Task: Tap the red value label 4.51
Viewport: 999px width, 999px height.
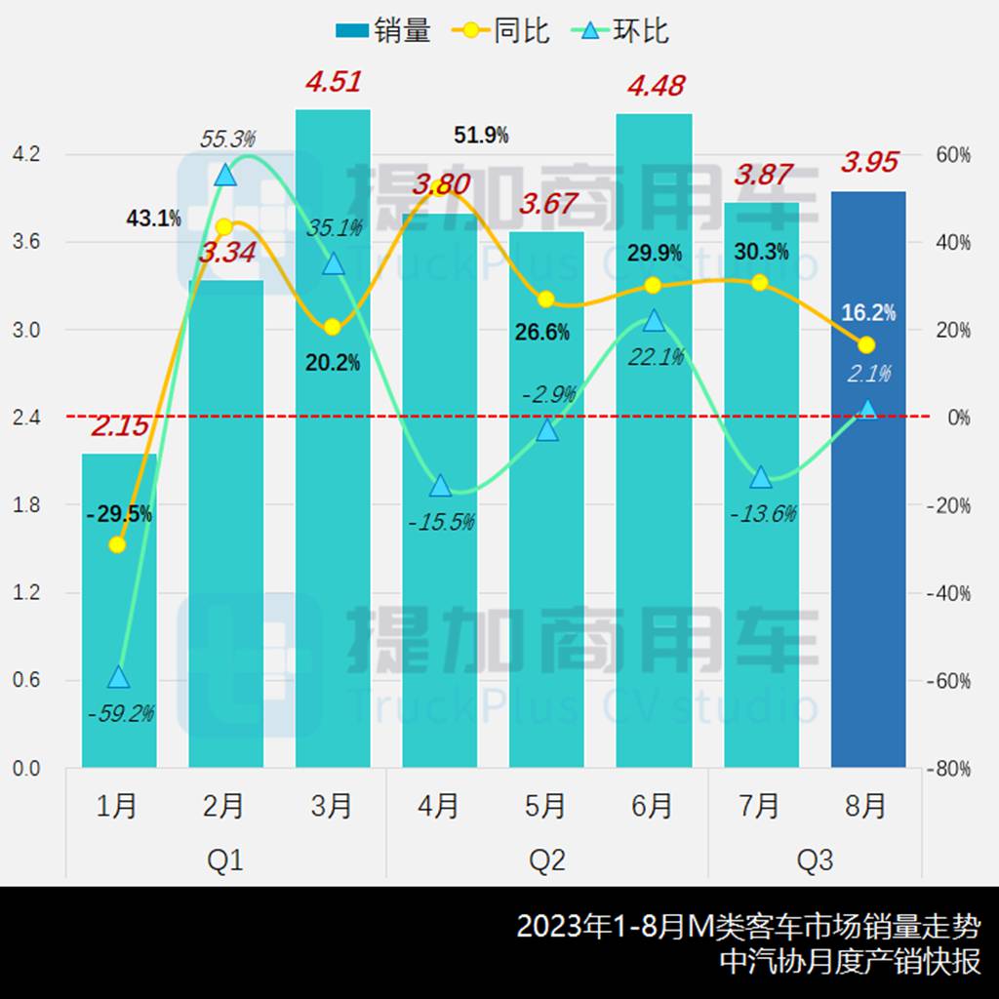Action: coord(333,82)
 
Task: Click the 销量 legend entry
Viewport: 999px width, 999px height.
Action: coord(384,31)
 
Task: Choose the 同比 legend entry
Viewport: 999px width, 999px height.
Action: coord(502,31)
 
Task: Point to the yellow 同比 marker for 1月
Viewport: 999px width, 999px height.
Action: coord(117,544)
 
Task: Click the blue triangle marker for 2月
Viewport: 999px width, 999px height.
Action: coord(225,175)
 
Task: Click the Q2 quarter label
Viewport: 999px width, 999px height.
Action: coord(547,860)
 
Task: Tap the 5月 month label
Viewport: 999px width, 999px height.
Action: coord(546,806)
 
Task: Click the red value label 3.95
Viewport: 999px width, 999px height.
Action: coord(869,162)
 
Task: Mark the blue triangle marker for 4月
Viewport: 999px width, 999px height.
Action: coord(440,486)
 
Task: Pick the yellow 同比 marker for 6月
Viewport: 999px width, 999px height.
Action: coord(654,285)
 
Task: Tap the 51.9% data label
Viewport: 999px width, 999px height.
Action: coord(481,136)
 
